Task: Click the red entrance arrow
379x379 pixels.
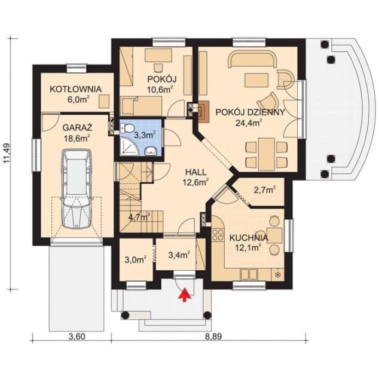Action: pyautogui.click(x=185, y=295)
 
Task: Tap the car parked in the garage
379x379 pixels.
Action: pyautogui.click(x=77, y=188)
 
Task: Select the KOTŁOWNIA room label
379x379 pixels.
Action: pyautogui.click(x=75, y=89)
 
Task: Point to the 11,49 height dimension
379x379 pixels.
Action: pyautogui.click(x=7, y=154)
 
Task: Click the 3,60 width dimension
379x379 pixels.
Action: pyautogui.click(x=77, y=337)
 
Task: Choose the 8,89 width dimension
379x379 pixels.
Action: pyautogui.click(x=213, y=337)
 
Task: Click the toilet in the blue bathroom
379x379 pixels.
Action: pyautogui.click(x=127, y=128)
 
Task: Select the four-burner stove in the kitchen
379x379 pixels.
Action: pyautogui.click(x=218, y=235)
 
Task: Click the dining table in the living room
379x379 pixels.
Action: pyautogui.click(x=267, y=154)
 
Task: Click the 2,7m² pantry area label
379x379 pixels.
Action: pyautogui.click(x=265, y=190)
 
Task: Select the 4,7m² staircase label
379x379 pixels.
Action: pyautogui.click(x=139, y=217)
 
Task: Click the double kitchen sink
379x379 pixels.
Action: pyautogui.click(x=249, y=274)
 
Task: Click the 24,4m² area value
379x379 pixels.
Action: pyautogui.click(x=249, y=123)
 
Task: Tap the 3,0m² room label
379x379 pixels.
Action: pyautogui.click(x=135, y=260)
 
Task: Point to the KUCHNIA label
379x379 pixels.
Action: pyautogui.click(x=249, y=238)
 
